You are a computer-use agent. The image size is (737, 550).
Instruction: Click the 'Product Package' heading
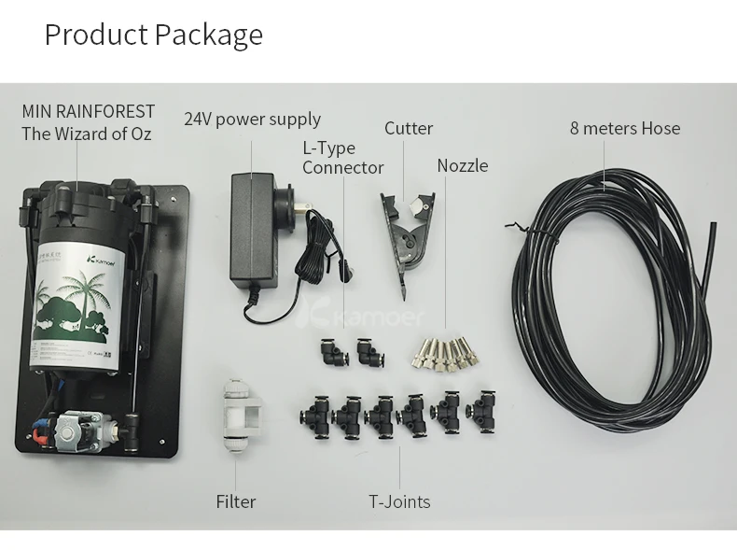point(154,35)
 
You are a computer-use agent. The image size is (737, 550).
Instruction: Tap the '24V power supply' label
point(252,120)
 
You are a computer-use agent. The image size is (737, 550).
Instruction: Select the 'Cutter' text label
point(409,129)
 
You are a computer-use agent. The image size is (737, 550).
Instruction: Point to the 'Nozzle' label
point(463,165)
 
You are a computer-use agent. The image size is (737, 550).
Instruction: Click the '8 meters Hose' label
point(625,128)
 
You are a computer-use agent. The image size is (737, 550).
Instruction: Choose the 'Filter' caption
point(236,501)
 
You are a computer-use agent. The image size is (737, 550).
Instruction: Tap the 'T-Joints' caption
point(399,501)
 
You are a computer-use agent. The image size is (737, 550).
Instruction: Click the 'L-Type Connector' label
point(341,158)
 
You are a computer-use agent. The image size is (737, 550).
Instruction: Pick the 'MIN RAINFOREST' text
point(88,112)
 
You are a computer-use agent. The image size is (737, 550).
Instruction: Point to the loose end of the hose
point(711,230)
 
